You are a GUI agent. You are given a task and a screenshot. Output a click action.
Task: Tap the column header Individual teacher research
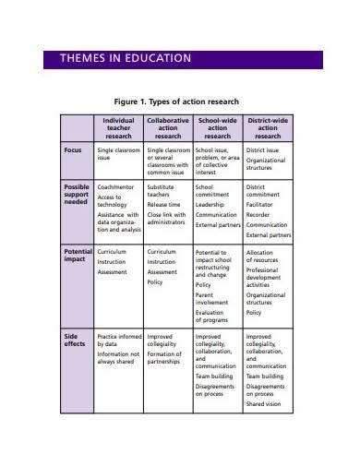click(118, 127)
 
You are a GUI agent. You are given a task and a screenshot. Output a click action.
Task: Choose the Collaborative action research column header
click(168, 127)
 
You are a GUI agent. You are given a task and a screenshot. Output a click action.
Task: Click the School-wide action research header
click(218, 127)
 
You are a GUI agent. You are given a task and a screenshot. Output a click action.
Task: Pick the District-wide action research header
click(268, 127)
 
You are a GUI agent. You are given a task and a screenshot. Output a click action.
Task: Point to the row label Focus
click(73, 149)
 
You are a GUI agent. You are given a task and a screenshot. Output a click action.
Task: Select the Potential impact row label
click(78, 256)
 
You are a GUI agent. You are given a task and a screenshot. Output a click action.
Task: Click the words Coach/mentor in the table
click(116, 187)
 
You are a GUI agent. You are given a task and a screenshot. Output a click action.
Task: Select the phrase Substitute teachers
click(162, 192)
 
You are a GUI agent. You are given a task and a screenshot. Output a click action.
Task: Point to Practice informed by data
click(119, 341)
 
